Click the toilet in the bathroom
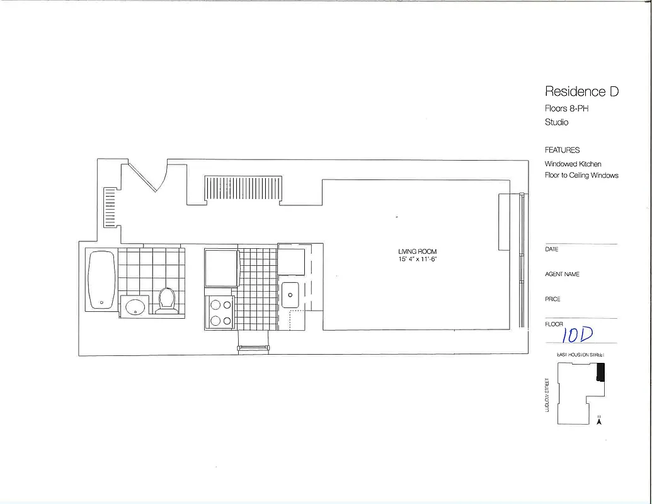point(167,301)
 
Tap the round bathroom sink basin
point(135,307)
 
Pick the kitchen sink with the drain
point(290,295)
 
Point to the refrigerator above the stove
point(220,267)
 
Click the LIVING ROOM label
point(418,251)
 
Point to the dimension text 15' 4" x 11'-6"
point(418,260)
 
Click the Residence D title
point(581,92)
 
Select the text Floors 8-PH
point(566,109)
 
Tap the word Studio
point(556,122)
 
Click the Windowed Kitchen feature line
point(573,164)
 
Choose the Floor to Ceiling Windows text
point(581,175)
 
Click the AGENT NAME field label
point(562,274)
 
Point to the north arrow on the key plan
point(599,421)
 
